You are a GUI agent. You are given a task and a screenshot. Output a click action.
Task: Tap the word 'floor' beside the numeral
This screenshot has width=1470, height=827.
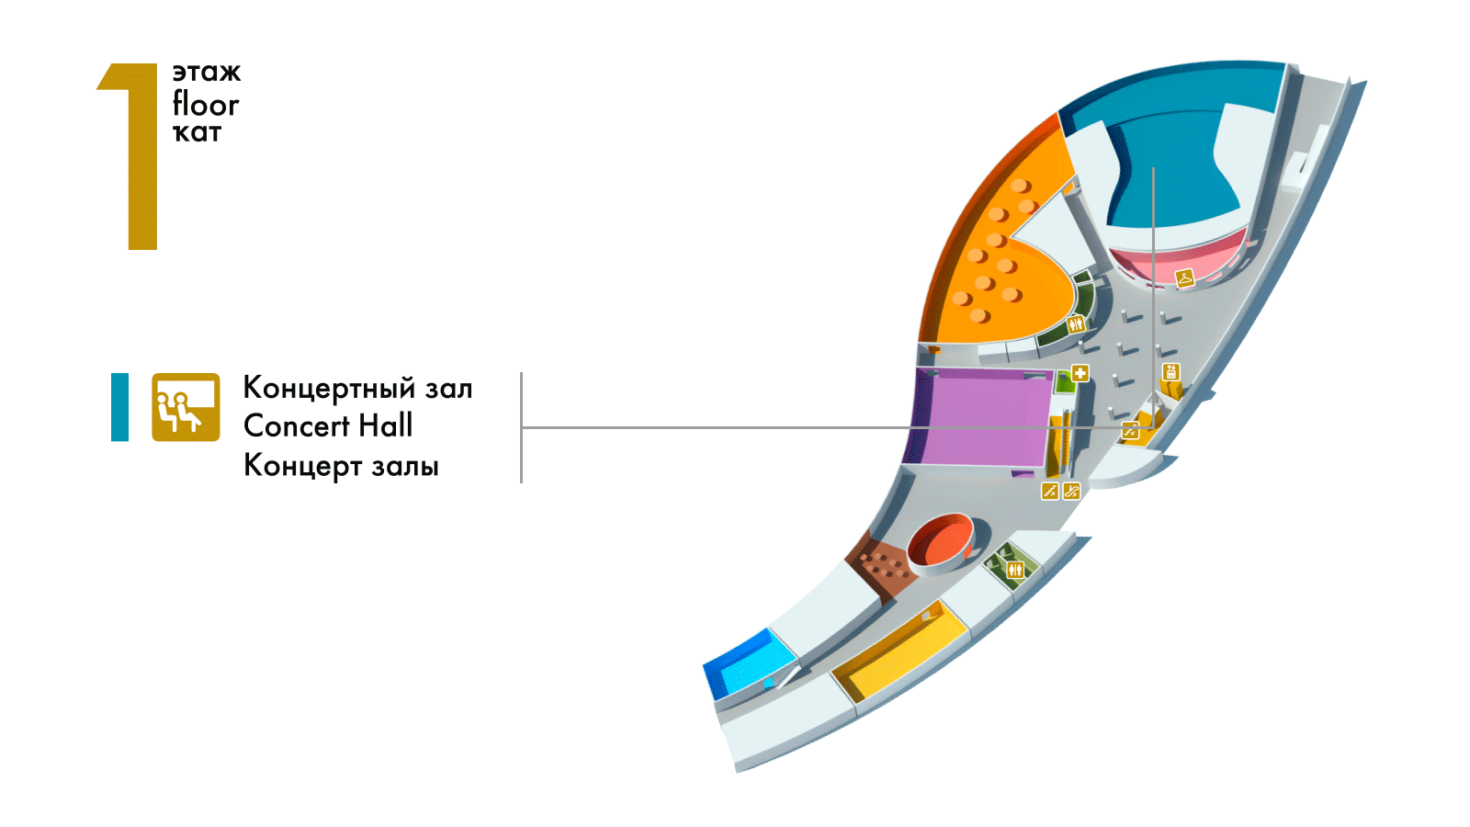coord(205,104)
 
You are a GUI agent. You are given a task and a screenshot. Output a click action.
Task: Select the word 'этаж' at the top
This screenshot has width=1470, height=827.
coord(206,73)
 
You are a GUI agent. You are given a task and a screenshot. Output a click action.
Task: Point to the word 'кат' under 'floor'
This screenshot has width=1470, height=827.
coord(197,133)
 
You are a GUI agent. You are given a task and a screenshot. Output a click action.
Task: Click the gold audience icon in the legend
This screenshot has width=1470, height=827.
coord(186,407)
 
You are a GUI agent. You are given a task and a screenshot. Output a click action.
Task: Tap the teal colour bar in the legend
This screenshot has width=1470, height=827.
coord(119,407)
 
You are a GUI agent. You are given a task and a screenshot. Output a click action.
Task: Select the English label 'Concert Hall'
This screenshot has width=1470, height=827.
coord(328,426)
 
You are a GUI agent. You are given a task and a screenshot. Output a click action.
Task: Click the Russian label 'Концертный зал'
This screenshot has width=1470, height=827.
coord(357,388)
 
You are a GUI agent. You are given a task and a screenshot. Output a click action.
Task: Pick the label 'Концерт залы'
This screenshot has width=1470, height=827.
coord(341,466)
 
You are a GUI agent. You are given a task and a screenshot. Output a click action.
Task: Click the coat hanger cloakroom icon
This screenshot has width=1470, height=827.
coord(1185,277)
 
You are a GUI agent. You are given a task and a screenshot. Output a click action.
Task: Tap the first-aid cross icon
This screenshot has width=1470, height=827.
coord(1080,373)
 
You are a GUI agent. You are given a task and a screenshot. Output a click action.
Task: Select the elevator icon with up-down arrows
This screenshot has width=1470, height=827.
coord(1170,372)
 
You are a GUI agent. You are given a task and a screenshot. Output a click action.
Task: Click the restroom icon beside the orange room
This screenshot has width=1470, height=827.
coord(1076,324)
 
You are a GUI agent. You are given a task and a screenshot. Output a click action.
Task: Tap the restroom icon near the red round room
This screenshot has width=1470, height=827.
coord(1014,570)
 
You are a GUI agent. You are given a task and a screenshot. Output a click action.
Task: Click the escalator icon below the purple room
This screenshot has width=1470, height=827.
coord(1071,491)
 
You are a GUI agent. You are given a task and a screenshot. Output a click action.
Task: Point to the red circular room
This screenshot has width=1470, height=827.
coord(941,540)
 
